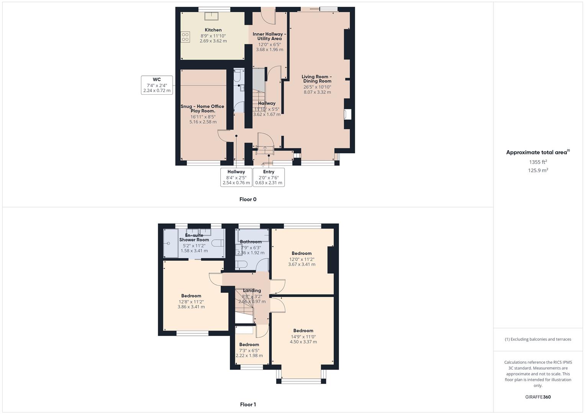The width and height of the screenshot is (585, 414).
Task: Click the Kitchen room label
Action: pos(213,30)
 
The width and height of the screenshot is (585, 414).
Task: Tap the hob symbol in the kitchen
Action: pos(185,37)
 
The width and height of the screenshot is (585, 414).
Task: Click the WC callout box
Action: pos(157,85)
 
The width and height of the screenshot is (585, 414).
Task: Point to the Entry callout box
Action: pos(269,177)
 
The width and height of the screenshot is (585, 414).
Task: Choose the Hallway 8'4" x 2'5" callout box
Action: pos(236,177)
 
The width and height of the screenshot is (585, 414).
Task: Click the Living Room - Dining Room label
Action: pos(317,79)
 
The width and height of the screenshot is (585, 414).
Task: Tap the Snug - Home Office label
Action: pos(202,108)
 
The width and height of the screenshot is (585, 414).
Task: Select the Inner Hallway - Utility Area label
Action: pos(269,36)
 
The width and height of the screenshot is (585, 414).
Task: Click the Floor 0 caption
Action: pos(248,199)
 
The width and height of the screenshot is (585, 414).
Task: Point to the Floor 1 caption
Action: pos(248,404)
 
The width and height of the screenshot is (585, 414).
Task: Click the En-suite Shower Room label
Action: pos(194,238)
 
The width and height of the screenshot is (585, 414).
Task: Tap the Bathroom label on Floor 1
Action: pos(251,242)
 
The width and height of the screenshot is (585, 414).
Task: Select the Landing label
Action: pos(252,291)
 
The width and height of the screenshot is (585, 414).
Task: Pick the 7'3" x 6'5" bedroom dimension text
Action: pos(249,350)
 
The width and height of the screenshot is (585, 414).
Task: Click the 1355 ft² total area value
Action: pos(538,162)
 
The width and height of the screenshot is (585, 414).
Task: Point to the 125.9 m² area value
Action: pos(538,171)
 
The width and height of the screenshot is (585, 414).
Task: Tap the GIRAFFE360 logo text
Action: pos(538,397)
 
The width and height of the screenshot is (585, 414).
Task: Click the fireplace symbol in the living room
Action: pos(348,114)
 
